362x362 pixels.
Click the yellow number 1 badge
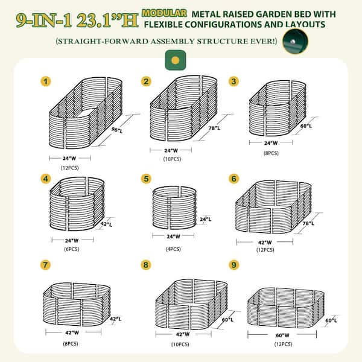click(45, 81)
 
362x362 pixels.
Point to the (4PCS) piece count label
click(171, 249)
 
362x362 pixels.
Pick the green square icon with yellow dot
click(174, 60)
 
